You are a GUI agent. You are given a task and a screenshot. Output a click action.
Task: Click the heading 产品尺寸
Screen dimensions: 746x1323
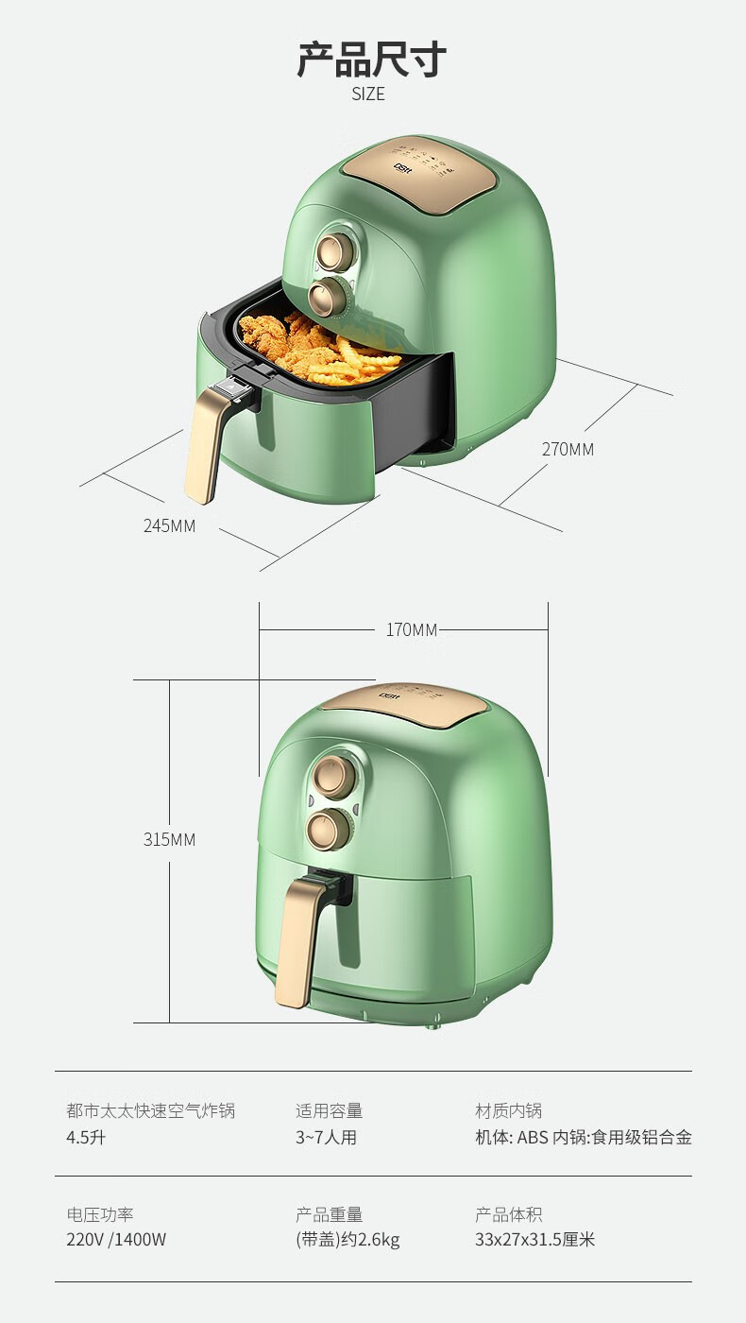point(371,60)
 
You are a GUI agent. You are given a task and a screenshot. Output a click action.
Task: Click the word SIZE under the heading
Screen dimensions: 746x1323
point(368,94)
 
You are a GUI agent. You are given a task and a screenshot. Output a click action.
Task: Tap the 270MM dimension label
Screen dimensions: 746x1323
point(568,450)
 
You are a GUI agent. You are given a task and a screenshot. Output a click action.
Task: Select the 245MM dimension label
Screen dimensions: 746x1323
point(169,525)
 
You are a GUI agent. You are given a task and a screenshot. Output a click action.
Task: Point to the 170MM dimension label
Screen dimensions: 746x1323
point(412,629)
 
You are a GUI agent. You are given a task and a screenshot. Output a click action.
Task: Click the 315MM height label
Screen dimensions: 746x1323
point(169,839)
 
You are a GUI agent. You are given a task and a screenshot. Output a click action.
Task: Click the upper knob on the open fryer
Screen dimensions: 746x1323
point(333,249)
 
